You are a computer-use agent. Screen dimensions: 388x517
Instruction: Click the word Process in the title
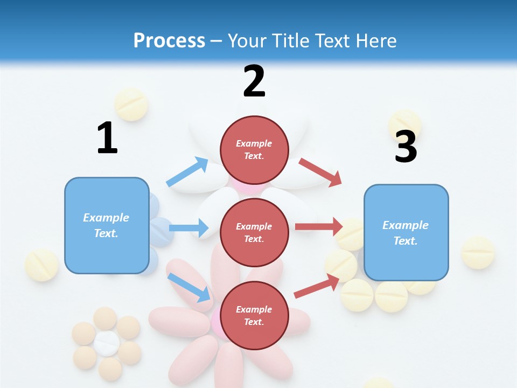(169, 40)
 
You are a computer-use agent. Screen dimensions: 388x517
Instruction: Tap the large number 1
(107, 138)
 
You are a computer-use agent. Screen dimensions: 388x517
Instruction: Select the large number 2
(254, 81)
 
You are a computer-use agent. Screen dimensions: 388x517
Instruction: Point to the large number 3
(406, 147)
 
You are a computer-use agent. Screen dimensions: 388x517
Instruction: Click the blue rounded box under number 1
(107, 225)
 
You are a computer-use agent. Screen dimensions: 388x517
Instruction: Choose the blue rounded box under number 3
(406, 232)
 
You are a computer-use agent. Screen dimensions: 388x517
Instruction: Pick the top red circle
(254, 150)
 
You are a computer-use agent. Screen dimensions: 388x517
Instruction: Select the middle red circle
(254, 232)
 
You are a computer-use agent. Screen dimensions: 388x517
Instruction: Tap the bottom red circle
(254, 315)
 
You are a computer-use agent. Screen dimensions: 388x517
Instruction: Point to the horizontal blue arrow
(188, 228)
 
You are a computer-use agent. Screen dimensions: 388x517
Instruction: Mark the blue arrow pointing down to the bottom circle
(189, 287)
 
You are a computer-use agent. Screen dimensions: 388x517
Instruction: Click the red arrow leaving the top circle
(321, 172)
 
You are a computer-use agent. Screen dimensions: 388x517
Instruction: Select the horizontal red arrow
(319, 227)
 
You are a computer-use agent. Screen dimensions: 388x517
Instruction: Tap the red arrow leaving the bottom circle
(317, 287)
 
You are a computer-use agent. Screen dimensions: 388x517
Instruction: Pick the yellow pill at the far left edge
(41, 265)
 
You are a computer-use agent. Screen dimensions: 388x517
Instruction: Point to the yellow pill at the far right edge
(478, 252)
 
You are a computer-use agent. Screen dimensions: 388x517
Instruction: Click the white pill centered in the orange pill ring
(107, 343)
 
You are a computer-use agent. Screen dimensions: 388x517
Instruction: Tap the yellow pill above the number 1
(131, 104)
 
